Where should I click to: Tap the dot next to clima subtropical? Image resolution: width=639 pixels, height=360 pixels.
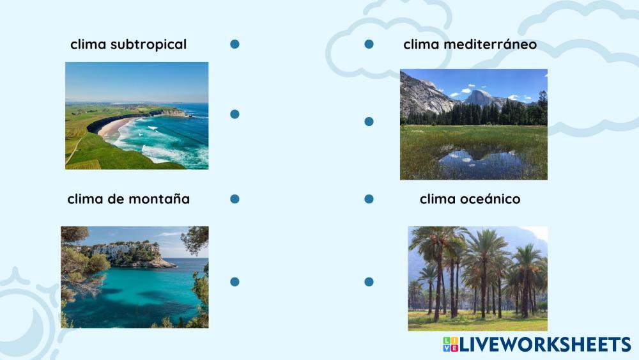[235, 44]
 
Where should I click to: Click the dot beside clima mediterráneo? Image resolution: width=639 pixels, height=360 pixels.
[369, 44]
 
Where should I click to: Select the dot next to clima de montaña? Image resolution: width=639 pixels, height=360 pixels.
[235, 199]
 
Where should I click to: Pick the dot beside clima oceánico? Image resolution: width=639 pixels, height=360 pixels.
[369, 199]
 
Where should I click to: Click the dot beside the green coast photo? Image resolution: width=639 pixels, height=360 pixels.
[235, 114]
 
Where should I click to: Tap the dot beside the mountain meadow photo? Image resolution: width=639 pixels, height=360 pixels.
[369, 121]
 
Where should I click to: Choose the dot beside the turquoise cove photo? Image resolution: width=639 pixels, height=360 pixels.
[235, 282]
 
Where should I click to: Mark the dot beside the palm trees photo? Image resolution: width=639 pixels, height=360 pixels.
[369, 282]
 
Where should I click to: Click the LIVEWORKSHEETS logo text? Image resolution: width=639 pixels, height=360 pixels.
[545, 345]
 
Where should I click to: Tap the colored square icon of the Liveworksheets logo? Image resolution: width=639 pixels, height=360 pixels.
[450, 345]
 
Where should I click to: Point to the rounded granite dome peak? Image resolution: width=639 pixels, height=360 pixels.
[479, 98]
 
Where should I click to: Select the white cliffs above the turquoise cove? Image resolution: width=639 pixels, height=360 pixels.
[122, 249]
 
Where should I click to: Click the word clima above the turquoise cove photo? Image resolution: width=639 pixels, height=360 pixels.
[84, 199]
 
